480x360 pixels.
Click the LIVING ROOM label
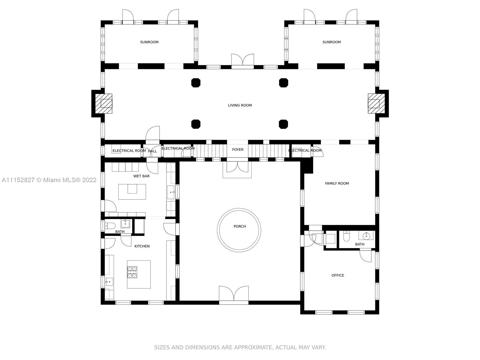(240, 105)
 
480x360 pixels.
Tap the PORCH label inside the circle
(240, 226)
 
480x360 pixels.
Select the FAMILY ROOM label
(337, 184)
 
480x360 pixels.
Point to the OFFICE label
(337, 275)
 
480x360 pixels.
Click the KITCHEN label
(142, 246)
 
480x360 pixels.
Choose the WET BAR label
(142, 176)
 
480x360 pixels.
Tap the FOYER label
(238, 150)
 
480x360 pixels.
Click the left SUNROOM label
(149, 42)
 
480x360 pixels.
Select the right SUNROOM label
(331, 42)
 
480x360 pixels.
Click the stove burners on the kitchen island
(132, 272)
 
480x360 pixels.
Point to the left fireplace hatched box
(104, 103)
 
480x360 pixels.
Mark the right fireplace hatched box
(376, 103)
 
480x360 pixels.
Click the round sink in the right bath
(366, 236)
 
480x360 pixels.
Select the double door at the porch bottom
(234, 295)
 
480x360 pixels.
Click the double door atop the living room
(242, 61)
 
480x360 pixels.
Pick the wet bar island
(132, 192)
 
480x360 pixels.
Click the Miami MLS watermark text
(49, 180)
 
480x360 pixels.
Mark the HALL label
(152, 151)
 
